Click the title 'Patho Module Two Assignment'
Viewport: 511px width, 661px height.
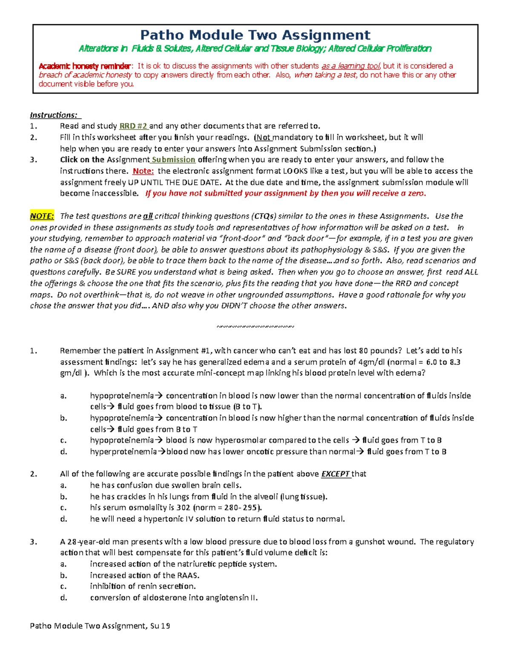click(x=255, y=35)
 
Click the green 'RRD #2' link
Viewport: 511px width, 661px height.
click(x=133, y=126)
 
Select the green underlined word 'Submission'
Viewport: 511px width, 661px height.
click(x=173, y=160)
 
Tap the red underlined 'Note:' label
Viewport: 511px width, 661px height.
click(x=143, y=171)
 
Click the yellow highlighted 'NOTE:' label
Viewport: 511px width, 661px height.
click(x=42, y=216)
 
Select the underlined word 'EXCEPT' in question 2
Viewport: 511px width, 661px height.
click(x=336, y=474)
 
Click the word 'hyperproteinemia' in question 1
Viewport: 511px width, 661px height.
click(x=123, y=452)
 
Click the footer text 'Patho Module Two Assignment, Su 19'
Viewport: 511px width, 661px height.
click(x=100, y=626)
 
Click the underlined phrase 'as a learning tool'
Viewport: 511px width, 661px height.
click(x=351, y=66)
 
